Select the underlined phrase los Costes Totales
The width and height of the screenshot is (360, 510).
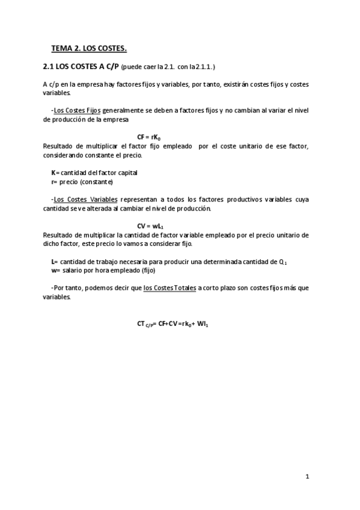[x=169, y=288]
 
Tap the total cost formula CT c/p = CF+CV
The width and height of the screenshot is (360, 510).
[x=172, y=324]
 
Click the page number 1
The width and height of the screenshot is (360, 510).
[x=307, y=477]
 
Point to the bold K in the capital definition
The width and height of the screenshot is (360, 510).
[x=53, y=173]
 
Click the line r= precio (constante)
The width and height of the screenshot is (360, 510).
[x=82, y=182]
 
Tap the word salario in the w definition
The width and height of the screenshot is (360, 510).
[x=72, y=271]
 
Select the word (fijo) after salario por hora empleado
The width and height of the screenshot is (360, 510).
[x=144, y=271]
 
